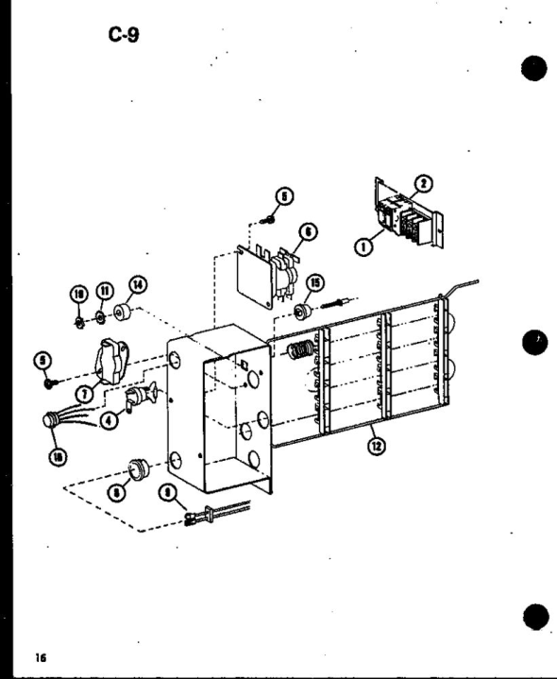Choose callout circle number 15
pyautogui.click(x=311, y=280)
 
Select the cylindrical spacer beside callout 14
pyautogui.click(x=122, y=314)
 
